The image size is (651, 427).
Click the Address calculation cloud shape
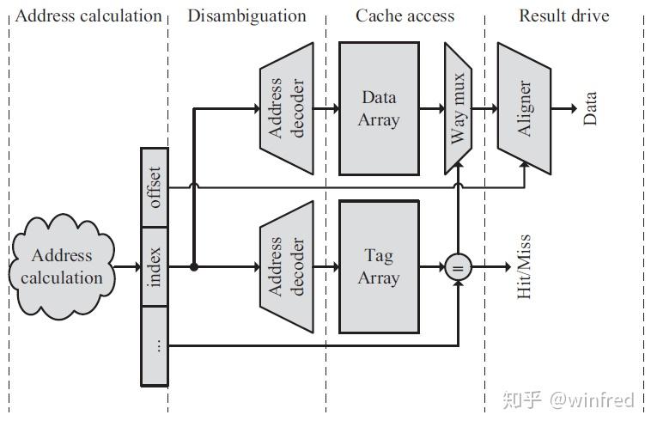[x=62, y=266]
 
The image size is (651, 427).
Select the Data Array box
[x=379, y=108]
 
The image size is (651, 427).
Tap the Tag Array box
[x=379, y=266]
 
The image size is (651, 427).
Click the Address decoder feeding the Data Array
[x=286, y=108]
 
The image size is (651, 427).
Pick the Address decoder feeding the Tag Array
[x=286, y=266]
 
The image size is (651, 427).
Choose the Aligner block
[x=524, y=108]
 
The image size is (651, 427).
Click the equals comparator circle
[x=458, y=267]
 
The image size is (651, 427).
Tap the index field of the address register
[x=155, y=267]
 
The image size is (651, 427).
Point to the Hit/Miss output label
[x=524, y=266]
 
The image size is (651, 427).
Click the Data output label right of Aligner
[x=590, y=108]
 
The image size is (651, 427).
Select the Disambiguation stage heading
[x=246, y=15]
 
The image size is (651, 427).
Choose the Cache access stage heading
[x=405, y=15]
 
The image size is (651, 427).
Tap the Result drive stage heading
[x=564, y=15]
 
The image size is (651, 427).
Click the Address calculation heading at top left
[x=88, y=15]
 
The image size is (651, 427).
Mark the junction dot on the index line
[x=194, y=267]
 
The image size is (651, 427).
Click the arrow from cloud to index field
[x=128, y=267]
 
